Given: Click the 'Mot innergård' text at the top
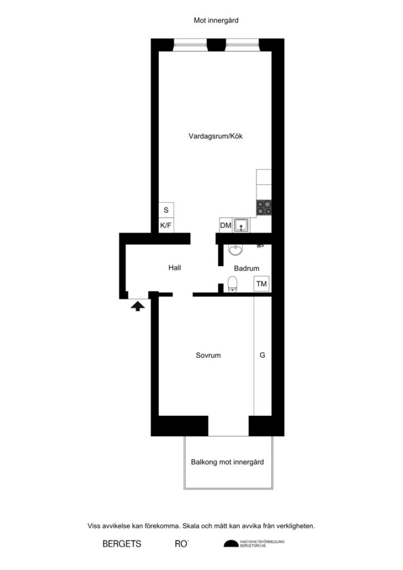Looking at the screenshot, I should (217, 20).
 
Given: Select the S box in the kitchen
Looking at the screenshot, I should (166, 210).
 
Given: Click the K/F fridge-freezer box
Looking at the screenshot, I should (166, 225).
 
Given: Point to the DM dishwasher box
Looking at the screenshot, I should (225, 225).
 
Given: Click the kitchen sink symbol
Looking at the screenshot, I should (242, 225).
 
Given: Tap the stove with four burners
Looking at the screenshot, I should (264, 208).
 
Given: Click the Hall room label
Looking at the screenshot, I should (175, 268).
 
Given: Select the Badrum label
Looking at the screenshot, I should (247, 268).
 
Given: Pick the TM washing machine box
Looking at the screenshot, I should (262, 284).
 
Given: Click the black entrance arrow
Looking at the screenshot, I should (136, 306).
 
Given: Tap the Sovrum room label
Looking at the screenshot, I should (208, 355).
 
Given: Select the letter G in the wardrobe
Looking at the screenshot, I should (262, 355).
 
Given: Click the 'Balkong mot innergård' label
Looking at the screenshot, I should (227, 462).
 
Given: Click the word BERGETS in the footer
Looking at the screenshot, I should (121, 544).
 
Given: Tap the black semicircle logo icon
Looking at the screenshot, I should (230, 543).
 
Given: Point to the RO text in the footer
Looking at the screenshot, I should (181, 544).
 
